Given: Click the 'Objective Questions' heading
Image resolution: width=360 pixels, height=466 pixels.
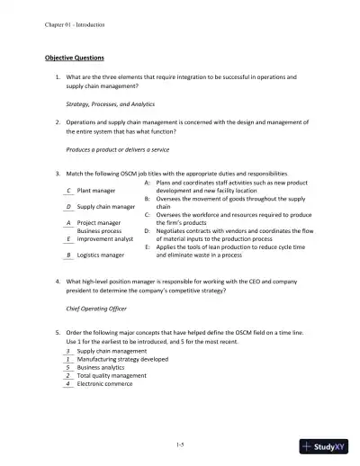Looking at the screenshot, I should click(x=75, y=58).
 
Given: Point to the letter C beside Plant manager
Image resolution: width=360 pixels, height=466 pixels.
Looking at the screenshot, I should click(x=69, y=191).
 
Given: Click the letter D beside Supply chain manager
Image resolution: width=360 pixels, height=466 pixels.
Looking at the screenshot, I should click(x=69, y=207).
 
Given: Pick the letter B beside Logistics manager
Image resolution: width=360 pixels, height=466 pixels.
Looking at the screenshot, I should click(x=69, y=255).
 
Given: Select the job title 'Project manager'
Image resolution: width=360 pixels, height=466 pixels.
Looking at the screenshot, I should click(x=100, y=222).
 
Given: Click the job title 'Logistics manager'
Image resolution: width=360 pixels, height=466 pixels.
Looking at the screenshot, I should click(x=102, y=255).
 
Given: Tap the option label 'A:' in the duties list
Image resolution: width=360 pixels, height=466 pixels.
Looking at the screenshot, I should click(x=147, y=183).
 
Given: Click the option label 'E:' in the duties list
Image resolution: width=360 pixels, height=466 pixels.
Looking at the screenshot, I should click(x=147, y=246).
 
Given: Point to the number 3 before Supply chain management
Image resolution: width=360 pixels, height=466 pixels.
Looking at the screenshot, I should click(x=69, y=351).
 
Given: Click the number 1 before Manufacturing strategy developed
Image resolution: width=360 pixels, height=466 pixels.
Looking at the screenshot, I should click(x=69, y=359).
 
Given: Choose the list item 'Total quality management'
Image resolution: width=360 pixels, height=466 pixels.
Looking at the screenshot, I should click(x=112, y=375).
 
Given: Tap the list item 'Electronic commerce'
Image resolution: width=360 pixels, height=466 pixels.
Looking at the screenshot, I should click(x=106, y=383).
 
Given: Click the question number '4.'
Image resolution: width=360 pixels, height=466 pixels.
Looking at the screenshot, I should click(x=57, y=282).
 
